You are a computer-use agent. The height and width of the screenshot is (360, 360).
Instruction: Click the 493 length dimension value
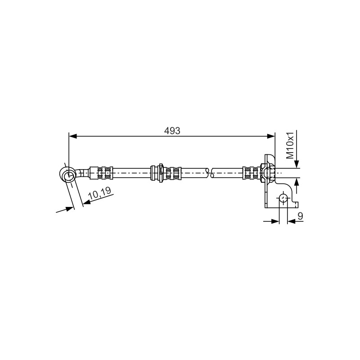click(x=172, y=130)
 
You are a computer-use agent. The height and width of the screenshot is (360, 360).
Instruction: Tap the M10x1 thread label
click(x=290, y=145)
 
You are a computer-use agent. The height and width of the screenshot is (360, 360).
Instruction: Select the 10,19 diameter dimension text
click(x=100, y=193)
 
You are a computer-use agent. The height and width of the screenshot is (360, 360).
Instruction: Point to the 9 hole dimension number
click(x=300, y=216)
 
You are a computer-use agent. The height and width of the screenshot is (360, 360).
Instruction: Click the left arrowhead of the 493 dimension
click(x=73, y=136)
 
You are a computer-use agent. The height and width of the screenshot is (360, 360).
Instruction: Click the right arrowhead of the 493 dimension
click(x=271, y=136)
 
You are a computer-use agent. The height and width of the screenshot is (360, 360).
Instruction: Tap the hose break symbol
click(x=209, y=173)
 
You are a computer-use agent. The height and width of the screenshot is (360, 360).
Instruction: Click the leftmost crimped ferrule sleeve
click(x=101, y=173)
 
